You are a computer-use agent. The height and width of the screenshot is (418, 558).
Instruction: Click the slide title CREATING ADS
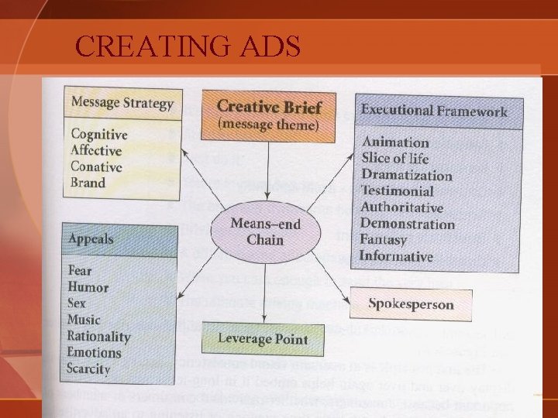188,47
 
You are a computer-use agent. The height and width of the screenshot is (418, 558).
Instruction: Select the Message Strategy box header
122,101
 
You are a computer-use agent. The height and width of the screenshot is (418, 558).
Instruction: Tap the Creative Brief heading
269,106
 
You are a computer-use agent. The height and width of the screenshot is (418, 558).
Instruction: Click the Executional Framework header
434,111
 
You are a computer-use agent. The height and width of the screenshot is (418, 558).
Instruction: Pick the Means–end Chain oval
265,231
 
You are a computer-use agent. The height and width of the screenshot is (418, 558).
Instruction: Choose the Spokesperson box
410,304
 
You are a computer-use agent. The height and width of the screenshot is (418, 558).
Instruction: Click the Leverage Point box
263,339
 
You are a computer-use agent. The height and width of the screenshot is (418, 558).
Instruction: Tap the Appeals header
91,239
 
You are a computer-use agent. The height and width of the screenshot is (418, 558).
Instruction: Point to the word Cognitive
99,135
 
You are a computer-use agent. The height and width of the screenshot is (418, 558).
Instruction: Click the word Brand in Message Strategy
88,183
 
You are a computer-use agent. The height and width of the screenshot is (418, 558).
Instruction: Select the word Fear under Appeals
80,271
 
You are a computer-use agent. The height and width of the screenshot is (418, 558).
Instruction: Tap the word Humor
88,287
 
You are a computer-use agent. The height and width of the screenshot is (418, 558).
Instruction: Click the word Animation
394,142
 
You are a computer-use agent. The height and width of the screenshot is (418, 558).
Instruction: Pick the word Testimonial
397,191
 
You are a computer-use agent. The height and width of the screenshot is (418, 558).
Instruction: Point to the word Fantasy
383,240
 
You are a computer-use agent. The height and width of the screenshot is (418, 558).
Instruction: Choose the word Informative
396,256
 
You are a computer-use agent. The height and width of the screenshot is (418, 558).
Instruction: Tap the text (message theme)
268,125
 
